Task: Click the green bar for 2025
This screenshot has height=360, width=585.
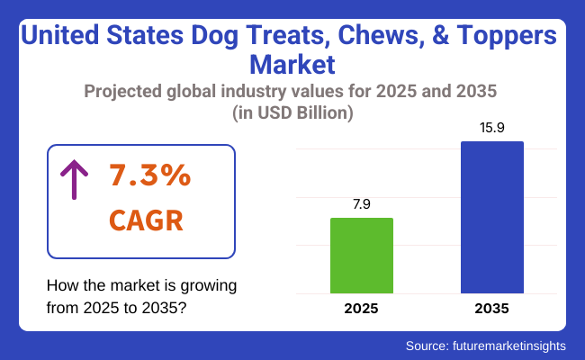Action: (362, 256)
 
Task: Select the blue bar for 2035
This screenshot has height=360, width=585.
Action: (492, 217)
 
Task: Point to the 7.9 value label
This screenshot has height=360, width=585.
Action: (362, 204)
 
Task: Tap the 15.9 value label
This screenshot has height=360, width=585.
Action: (492, 128)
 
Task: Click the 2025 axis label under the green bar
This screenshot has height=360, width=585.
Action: (362, 308)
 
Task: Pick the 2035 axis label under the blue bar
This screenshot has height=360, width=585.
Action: (492, 308)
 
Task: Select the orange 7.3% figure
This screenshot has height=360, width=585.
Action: (149, 176)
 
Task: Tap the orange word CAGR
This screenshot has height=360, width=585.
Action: (148, 219)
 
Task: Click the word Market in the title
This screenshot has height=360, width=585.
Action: (292, 66)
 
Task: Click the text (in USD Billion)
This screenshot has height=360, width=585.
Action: (292, 113)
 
